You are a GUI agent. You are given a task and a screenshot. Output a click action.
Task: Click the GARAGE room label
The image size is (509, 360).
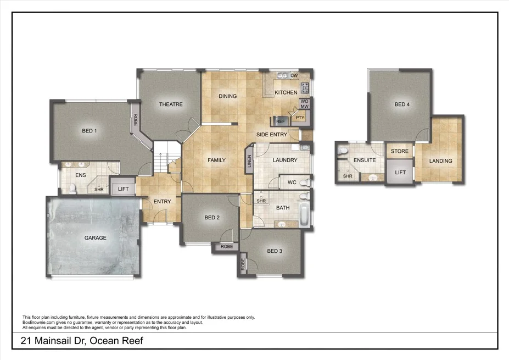95,238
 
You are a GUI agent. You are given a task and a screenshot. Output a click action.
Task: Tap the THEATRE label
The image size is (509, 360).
171,104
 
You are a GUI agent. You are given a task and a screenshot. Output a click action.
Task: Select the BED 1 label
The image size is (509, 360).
90,131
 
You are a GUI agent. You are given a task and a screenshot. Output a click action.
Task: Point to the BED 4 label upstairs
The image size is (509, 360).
402,104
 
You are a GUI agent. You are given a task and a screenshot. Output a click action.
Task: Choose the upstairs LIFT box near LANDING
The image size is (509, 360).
401,173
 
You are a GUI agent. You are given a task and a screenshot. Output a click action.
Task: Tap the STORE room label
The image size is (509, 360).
400,151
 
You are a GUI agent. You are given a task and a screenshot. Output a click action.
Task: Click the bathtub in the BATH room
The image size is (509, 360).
304,214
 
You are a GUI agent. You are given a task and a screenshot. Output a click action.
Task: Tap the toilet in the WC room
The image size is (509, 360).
306,182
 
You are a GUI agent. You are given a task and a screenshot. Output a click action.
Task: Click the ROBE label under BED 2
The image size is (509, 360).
226,247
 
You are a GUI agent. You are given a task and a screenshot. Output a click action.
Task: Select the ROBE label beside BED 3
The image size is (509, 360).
243,266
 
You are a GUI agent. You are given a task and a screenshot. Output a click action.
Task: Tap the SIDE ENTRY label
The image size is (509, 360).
272,134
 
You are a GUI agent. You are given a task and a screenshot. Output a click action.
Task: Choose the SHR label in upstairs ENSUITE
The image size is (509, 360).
348,176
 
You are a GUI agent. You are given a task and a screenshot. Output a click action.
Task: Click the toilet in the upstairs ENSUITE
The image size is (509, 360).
343,151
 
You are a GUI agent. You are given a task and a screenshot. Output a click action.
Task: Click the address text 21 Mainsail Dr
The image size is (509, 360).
82,341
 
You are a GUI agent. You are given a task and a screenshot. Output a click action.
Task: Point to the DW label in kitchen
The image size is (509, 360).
294,75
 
